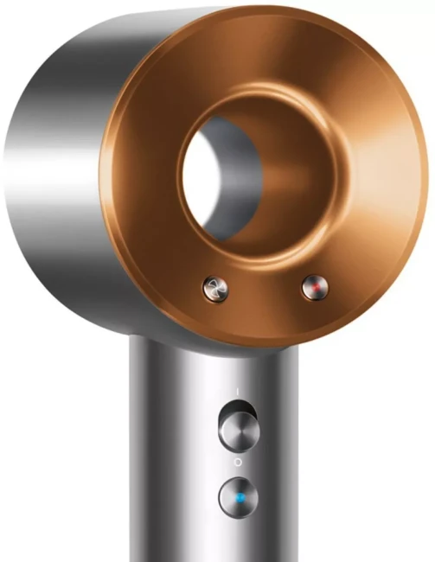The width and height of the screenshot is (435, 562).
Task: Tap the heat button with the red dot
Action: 312,287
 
